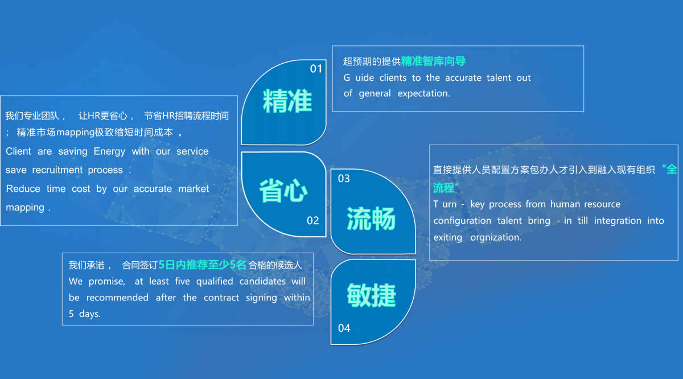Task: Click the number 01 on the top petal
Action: [316, 69]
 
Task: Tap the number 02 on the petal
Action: [313, 220]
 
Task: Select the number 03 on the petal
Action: [344, 178]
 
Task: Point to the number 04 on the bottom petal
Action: [344, 328]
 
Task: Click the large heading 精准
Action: [287, 101]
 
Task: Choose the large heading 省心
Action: [283, 191]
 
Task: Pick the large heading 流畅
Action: [371, 219]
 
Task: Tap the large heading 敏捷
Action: [371, 295]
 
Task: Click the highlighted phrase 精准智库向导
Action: [433, 61]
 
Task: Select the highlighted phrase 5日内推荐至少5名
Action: [203, 265]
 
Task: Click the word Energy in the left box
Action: [109, 151]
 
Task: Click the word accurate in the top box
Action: [463, 78]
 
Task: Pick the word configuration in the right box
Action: [462, 221]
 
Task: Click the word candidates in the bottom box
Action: [262, 281]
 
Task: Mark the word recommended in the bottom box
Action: [117, 297]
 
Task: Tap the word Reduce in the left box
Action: [23, 189]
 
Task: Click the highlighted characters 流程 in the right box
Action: [443, 188]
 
